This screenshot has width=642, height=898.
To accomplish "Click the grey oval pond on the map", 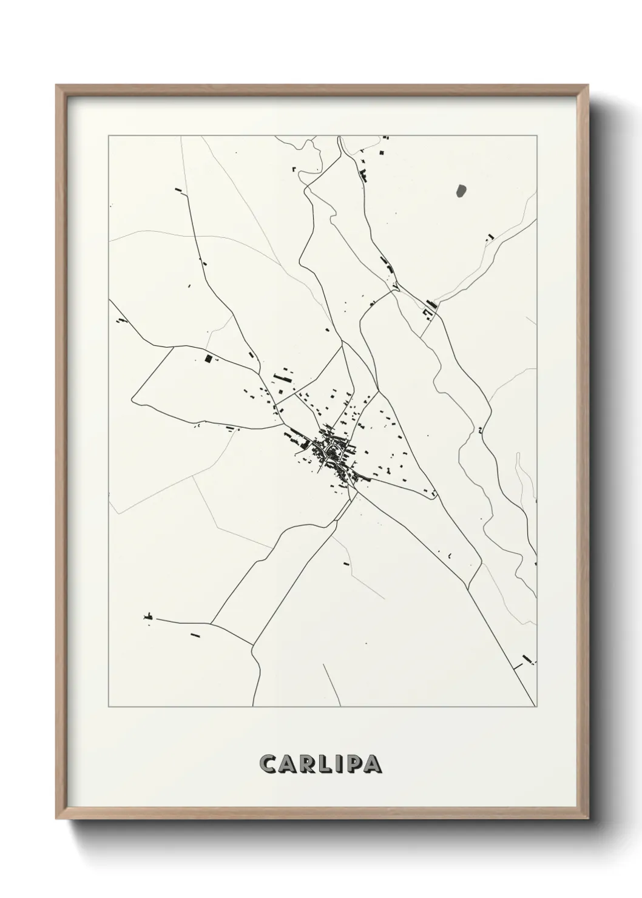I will click(461, 191).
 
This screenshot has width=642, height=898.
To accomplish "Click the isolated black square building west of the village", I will click(209, 359).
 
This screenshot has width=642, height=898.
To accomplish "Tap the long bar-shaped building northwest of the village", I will click(282, 378).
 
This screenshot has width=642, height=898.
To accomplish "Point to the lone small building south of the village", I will click(346, 564).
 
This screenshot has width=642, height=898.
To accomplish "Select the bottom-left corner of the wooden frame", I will click(57, 818).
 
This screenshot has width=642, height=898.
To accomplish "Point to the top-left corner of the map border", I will click(108, 136).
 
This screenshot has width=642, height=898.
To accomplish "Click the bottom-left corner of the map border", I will click(108, 707).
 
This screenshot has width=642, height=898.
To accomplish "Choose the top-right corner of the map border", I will click(536, 136).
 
